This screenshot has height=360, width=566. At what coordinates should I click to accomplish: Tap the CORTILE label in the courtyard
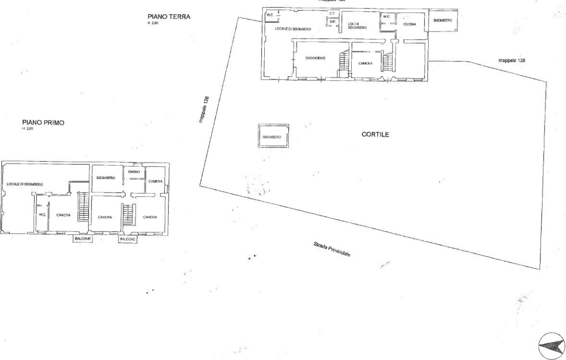click(x=375, y=135)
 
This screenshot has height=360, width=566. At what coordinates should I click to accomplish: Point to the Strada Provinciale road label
click(x=332, y=249)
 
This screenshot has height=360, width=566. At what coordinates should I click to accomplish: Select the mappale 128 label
click(x=512, y=60)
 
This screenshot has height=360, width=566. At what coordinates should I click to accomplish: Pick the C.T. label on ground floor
click(x=332, y=13)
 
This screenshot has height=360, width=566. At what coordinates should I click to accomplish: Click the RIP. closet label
click(x=332, y=21)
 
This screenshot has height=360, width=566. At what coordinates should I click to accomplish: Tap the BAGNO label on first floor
click(x=133, y=171)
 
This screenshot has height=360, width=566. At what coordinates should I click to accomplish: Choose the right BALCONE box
click(x=127, y=239)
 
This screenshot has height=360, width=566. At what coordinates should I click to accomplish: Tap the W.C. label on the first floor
click(x=42, y=215)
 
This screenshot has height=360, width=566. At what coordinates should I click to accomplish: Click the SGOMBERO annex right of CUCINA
click(x=443, y=20)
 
